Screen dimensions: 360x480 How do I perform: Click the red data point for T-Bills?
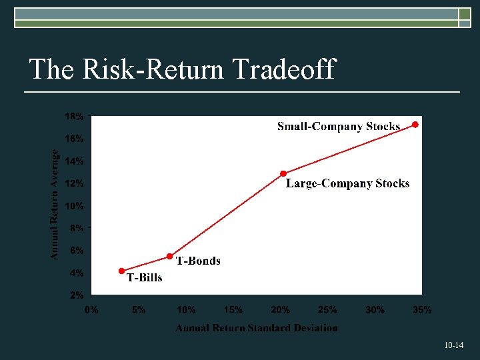tap(121, 271)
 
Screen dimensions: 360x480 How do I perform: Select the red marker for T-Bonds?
tap(169, 256)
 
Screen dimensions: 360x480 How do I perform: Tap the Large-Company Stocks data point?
tap(283, 173)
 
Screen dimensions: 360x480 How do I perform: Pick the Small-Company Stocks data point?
tap(415, 125)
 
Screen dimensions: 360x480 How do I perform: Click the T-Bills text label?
tap(144, 277)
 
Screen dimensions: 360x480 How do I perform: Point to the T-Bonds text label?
tap(198, 261)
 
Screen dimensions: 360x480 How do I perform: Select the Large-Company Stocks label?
tap(347, 183)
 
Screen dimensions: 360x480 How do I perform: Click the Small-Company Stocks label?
tap(339, 126)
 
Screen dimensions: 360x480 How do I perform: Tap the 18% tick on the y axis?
tap(74, 117)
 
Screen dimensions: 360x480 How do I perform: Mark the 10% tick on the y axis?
tap(74, 206)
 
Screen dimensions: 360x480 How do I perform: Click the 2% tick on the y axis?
tap(76, 295)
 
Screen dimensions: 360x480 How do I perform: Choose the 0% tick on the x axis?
tap(91, 310)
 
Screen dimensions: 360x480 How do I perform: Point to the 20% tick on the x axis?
tap(280, 310)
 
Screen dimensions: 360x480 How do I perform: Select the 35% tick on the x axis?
tap(421, 310)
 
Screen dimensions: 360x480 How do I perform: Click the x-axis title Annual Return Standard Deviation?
tap(257, 328)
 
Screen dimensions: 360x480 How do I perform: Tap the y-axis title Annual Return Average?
tap(55, 204)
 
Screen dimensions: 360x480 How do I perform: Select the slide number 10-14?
tap(453, 345)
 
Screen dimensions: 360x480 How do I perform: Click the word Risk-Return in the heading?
tap(151, 69)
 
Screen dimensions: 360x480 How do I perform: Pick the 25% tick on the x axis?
tap(327, 310)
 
